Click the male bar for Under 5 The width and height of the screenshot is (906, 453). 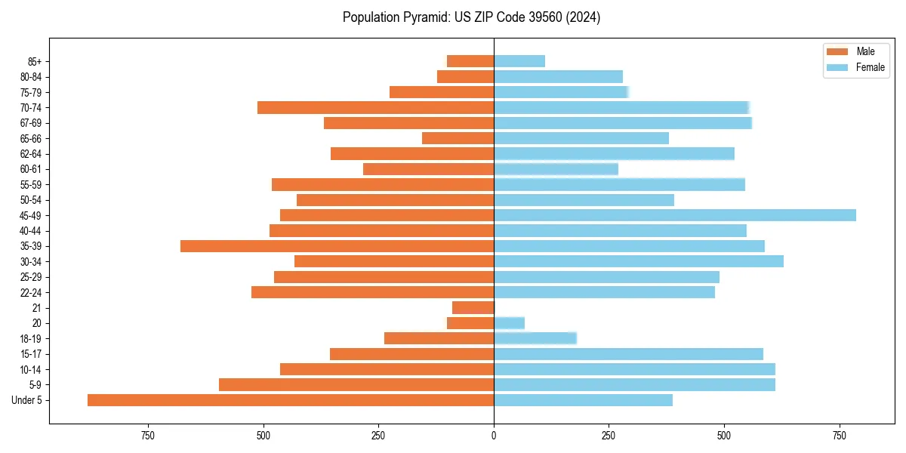pos(291,400)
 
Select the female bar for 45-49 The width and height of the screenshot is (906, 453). pos(675,215)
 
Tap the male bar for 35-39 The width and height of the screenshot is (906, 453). pos(337,246)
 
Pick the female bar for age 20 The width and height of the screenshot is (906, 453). pos(510,323)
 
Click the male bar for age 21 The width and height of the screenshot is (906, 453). pos(473,308)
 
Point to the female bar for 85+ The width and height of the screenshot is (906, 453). pos(519,61)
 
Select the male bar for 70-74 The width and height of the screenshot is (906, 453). pos(375,107)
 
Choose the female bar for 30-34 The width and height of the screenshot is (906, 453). pos(639,261)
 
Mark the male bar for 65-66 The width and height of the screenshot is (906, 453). pos(458,138)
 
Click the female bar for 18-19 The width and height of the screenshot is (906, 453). pos(535,338)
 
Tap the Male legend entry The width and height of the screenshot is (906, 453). pos(855,51)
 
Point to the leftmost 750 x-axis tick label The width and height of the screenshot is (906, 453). pos(148,436)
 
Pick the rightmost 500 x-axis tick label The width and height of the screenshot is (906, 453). pos(724,436)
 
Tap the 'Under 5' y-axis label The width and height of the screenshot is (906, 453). pos(27,400)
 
